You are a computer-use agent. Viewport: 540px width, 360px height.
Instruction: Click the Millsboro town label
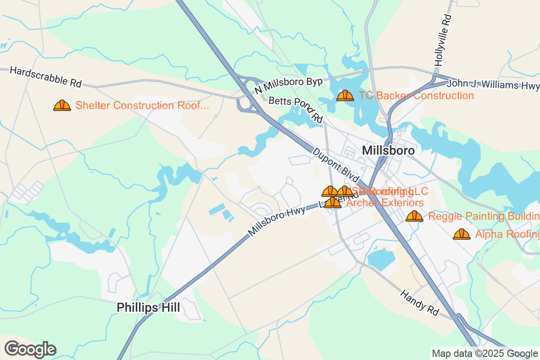pos(388,150)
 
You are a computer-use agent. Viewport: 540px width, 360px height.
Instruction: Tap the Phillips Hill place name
pos(148,307)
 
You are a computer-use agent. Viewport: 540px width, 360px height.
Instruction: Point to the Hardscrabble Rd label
pos(45,76)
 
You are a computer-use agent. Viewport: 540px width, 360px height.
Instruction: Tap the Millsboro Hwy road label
pos(276,220)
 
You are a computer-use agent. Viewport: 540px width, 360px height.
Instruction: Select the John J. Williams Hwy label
pos(493,85)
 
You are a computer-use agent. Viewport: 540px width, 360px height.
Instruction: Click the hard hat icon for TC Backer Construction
pos(345,95)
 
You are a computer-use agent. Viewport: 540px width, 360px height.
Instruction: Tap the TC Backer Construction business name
pos(416,95)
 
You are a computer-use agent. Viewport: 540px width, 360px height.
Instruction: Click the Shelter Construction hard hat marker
pos(62,105)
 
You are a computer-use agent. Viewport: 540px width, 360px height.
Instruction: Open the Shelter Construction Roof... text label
pos(142,105)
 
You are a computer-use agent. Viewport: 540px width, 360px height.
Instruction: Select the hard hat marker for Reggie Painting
pos(414,216)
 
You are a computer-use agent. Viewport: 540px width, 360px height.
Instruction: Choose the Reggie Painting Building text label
pos(484,216)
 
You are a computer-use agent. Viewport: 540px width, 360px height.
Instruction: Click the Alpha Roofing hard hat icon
pos(462,234)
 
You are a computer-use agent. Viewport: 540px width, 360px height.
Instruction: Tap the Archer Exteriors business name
pos(385,203)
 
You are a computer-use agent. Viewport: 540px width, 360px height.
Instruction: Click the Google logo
pos(31,349)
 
